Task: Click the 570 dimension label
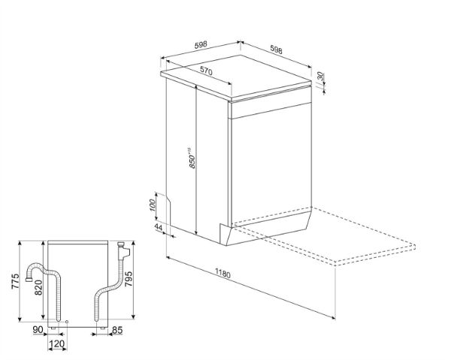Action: (206, 71)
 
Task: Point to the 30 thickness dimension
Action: (321, 77)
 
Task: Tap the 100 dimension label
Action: (153, 205)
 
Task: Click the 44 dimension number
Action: (159, 227)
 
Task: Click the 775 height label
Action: (15, 281)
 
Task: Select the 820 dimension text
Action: (38, 288)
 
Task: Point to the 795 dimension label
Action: (128, 279)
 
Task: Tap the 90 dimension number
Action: (38, 330)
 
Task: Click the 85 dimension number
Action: (117, 330)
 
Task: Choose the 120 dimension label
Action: (57, 343)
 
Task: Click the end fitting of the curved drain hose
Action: (29, 279)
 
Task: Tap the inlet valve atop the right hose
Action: (124, 250)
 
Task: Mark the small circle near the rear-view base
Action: (67, 322)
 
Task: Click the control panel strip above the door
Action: (271, 110)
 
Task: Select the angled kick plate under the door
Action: (265, 229)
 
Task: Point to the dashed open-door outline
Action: (323, 236)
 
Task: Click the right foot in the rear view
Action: (103, 328)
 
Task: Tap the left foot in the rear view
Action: (53, 328)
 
